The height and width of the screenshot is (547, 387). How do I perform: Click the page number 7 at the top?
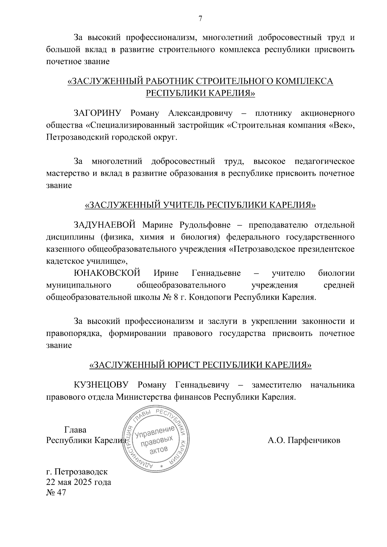point(200,19)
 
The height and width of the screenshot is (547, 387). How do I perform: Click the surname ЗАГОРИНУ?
point(97,113)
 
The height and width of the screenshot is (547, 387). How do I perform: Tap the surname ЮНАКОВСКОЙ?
point(107,273)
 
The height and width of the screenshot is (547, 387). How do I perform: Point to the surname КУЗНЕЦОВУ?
point(101,385)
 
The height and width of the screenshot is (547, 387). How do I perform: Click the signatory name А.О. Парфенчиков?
point(304,440)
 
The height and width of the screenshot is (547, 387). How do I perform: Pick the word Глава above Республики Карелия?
point(75,430)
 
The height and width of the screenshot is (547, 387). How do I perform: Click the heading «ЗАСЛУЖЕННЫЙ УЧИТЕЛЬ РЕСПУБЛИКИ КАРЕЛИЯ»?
point(200,205)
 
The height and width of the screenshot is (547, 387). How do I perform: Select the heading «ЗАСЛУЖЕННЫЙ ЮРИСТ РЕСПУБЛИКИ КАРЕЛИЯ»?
point(200,365)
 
